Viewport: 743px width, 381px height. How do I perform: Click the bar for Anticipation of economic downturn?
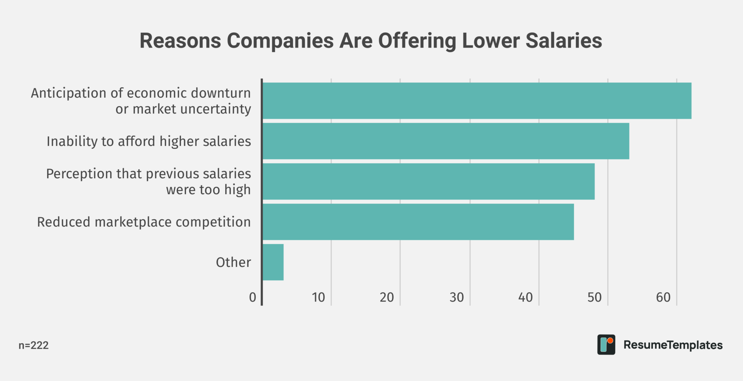[x=477, y=101]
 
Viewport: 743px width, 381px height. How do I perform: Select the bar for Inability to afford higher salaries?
[x=446, y=141]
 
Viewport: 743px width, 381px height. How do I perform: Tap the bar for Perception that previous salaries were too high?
[x=428, y=181]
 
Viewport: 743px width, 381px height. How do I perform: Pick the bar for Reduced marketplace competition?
[x=418, y=222]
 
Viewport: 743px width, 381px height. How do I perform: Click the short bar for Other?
[x=273, y=262]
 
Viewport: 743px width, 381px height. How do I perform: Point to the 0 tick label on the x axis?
[x=253, y=297]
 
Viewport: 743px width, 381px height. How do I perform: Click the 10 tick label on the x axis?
[x=319, y=297]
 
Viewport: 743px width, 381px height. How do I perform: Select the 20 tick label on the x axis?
[x=387, y=297]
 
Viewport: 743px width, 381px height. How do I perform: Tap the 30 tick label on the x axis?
[x=456, y=297]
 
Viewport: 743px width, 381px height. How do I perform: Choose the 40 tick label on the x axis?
[x=525, y=297]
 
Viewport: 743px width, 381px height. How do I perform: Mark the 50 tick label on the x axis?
[x=594, y=297]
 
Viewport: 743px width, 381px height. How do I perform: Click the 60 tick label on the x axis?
[x=663, y=297]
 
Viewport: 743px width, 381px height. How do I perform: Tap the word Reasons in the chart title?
[x=180, y=41]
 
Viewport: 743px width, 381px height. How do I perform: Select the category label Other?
[x=233, y=262]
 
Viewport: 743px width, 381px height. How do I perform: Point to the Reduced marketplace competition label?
[x=144, y=222]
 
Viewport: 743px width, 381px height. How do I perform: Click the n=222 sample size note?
[x=33, y=345]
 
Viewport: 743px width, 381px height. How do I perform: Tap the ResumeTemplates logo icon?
[x=606, y=345]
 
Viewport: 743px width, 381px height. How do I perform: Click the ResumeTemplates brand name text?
[x=673, y=345]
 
